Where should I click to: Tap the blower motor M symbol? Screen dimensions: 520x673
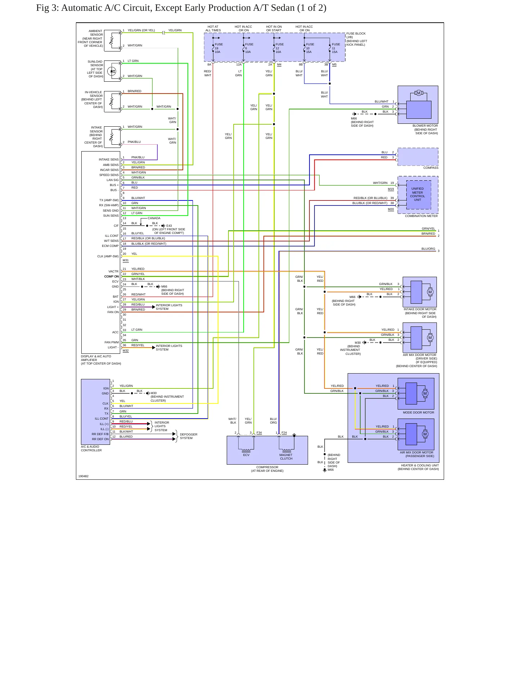point(419,93)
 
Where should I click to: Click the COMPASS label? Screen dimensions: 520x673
point(431,168)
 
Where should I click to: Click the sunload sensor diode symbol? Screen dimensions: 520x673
point(112,71)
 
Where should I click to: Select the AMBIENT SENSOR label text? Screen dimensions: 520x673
point(96,33)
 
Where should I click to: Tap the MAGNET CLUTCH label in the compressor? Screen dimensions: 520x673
point(286,457)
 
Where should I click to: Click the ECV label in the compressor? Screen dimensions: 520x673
point(246,455)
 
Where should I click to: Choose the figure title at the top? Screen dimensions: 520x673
point(181,8)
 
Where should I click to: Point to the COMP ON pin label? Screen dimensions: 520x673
point(112,276)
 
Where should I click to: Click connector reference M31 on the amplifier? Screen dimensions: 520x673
point(126,260)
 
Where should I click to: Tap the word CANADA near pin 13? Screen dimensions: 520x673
point(154,218)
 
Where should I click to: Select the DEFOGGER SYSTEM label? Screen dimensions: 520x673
point(189,436)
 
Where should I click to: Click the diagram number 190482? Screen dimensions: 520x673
point(83,476)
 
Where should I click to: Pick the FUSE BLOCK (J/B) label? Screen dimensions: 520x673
point(356,35)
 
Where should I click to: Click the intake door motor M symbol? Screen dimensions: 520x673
point(430,292)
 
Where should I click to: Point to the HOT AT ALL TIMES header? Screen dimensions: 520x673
point(213,28)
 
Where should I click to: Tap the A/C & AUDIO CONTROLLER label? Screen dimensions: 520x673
point(91,448)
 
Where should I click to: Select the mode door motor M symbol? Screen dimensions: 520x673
point(425,393)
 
